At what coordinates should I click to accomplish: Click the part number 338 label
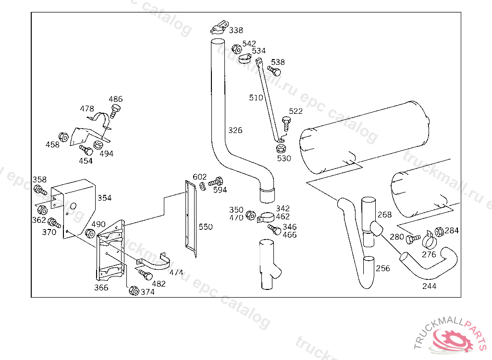click(235, 30)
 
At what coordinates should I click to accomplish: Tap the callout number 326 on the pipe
click(235, 130)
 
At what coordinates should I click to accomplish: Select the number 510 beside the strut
click(256, 97)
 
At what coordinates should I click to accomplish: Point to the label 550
click(205, 227)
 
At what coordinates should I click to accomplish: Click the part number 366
click(101, 288)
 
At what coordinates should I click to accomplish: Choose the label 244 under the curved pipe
click(429, 286)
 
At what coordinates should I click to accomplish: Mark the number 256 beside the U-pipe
click(383, 268)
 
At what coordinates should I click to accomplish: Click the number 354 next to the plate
click(104, 198)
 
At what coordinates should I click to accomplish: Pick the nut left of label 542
click(236, 48)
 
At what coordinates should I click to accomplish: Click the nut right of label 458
click(63, 136)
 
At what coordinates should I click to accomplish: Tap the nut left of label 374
click(134, 291)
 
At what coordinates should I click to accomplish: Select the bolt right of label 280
click(413, 238)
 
